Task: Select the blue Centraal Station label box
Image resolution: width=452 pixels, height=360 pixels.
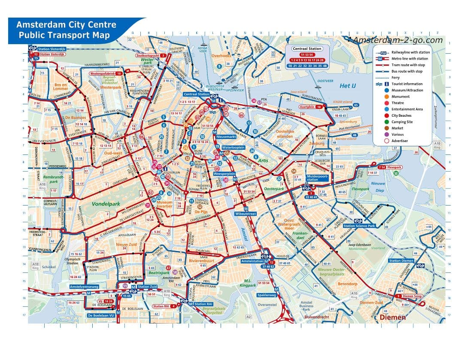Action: pyautogui.click(x=197, y=94)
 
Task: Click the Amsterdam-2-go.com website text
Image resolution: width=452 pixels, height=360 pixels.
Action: pyautogui.click(x=397, y=40)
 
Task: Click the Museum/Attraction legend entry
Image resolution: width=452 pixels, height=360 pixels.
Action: pyautogui.click(x=406, y=90)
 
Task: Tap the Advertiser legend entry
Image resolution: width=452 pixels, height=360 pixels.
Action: pyautogui.click(x=400, y=141)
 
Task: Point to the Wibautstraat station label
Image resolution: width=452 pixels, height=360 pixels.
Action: pyautogui.click(x=246, y=213)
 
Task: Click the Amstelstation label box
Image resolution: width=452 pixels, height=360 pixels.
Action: pyautogui.click(x=252, y=261)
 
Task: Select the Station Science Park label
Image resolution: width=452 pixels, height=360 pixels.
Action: pyautogui.click(x=359, y=226)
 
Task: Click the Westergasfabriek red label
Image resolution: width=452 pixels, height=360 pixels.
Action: pyautogui.click(x=103, y=73)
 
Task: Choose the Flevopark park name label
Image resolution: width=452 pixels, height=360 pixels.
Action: pyautogui.click(x=360, y=189)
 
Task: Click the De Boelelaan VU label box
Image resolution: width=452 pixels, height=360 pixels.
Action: pyautogui.click(x=101, y=315)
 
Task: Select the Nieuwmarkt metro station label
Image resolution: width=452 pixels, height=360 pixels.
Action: pyautogui.click(x=226, y=136)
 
